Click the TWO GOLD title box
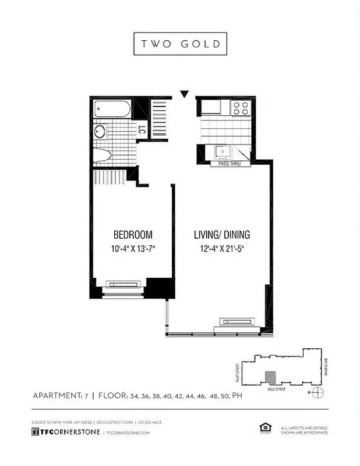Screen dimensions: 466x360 (x=180, y=44)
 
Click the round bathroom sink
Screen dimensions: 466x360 (x=101, y=131)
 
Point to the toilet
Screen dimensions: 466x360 (x=103, y=156)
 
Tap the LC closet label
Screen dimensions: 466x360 (x=142, y=131)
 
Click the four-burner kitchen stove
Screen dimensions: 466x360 (x=241, y=108)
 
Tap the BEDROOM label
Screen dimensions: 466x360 (x=133, y=235)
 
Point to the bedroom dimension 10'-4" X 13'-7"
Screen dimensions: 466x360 (x=133, y=249)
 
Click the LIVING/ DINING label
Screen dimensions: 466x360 (x=222, y=235)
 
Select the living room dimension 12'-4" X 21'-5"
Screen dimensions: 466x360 (x=222, y=249)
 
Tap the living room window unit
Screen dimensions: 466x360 (x=237, y=322)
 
